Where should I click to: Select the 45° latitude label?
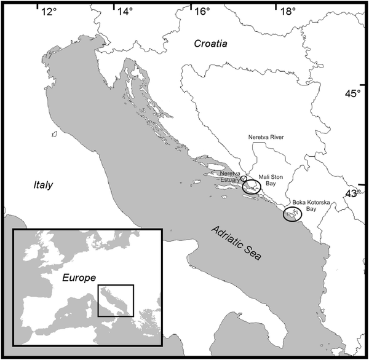coord(353,94)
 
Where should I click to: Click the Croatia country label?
coord(211,44)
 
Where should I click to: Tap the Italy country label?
coord(43,185)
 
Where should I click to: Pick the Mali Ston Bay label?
coord(271,180)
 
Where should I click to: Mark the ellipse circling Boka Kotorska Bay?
coord(293,214)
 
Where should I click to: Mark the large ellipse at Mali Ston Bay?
coord(252,187)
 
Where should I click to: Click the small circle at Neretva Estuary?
coord(244,178)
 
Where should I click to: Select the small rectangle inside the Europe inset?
coord(116,300)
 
